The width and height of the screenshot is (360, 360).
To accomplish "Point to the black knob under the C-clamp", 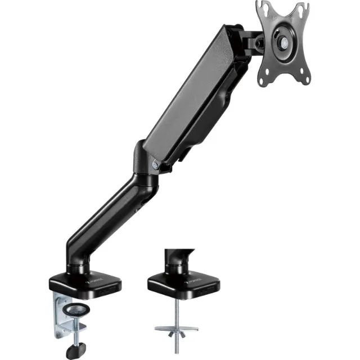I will [x=73, y=350].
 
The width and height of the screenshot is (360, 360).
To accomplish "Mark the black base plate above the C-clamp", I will [x=84, y=281].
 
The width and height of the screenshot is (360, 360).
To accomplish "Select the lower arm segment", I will [x=107, y=217].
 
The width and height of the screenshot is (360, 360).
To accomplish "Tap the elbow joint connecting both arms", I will [x=143, y=163].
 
